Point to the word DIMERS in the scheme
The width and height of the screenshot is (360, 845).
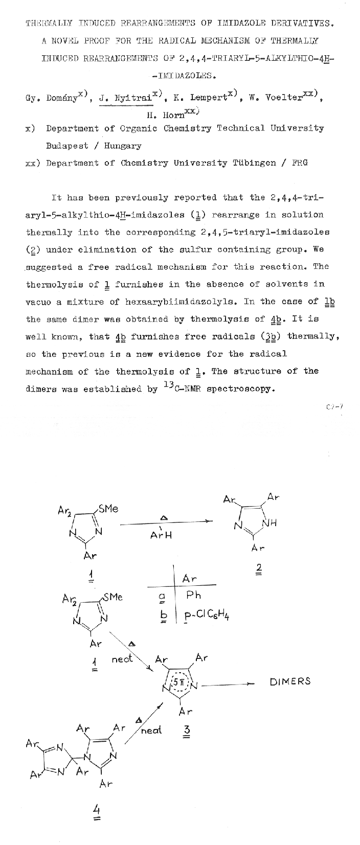coord(290,681)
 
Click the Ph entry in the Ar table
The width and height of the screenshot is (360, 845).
coord(194,595)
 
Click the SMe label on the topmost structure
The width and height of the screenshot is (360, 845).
coord(108,509)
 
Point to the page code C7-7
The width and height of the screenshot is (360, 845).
coord(333,407)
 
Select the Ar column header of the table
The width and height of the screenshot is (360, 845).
coord(190,578)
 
